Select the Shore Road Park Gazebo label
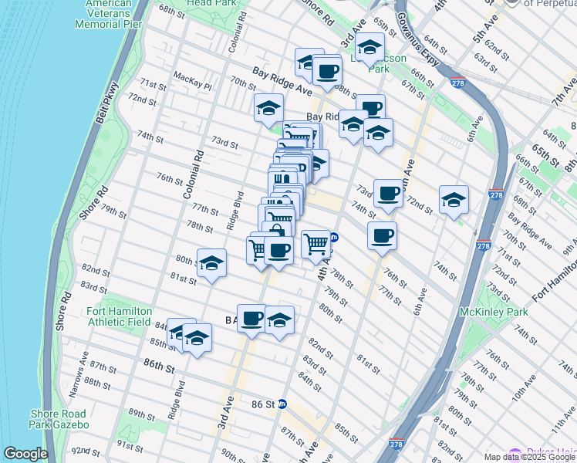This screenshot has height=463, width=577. (x=59, y=419)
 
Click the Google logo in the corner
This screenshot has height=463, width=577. (x=25, y=454)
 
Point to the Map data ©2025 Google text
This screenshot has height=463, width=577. (x=529, y=457)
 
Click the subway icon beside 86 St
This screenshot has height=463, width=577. (x=282, y=404)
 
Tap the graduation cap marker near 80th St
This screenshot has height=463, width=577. (x=211, y=263)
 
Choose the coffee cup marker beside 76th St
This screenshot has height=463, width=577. (x=381, y=237)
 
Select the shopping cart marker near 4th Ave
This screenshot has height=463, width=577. (x=316, y=243)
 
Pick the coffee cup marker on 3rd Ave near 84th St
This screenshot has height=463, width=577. (x=251, y=318)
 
